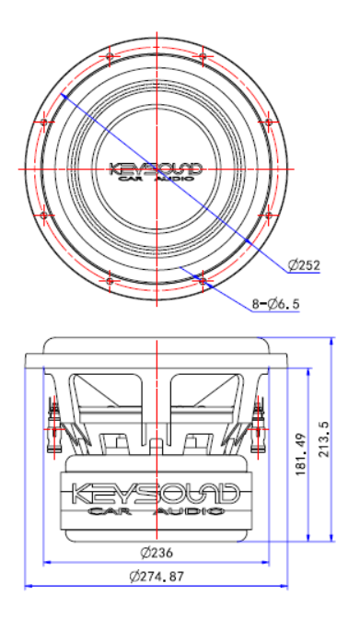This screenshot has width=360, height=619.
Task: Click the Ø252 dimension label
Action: [303, 265]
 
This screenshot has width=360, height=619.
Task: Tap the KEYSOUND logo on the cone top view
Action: [156, 169]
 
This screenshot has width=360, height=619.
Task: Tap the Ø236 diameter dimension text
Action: [157, 554]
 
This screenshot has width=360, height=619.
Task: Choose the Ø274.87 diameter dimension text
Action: [157, 577]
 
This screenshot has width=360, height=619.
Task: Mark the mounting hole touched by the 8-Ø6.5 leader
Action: [202, 274]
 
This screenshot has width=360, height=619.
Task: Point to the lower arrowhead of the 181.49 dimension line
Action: [307, 538]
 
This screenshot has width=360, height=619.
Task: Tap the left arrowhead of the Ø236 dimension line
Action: [44, 562]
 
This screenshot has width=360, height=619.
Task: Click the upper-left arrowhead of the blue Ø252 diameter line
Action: [63, 94]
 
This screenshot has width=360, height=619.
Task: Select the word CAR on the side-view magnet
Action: [108, 511]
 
